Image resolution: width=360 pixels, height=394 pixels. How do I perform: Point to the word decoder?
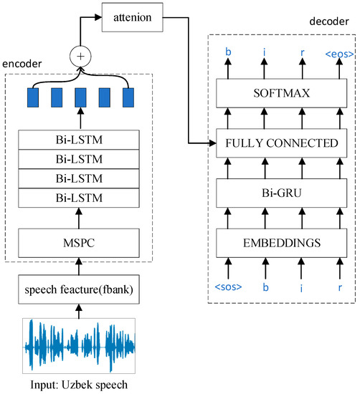click(x=331, y=22)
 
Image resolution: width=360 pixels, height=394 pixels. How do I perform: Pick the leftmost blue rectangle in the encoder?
click(x=32, y=98)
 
